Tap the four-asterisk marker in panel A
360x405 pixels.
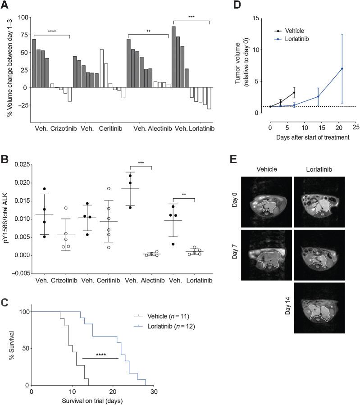pos(51,32)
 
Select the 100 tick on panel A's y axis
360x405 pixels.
pos(23,17)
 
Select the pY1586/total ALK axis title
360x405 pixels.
pos(5,218)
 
